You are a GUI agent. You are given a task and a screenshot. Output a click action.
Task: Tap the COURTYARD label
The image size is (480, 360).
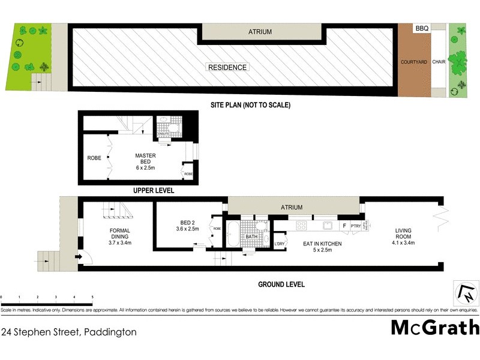pos(413,62)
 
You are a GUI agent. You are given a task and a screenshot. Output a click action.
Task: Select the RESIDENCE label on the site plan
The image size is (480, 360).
pos(227,67)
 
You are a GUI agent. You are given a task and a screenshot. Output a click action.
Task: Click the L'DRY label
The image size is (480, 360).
pos(279,244)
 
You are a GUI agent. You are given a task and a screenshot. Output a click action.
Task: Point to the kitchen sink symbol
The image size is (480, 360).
pos(328,226)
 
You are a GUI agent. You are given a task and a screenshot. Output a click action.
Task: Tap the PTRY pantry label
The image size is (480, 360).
pos(355,226)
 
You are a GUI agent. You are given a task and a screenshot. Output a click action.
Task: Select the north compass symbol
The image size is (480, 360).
pos(466,294)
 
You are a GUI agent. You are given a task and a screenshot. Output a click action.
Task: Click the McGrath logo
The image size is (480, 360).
pos(435,328)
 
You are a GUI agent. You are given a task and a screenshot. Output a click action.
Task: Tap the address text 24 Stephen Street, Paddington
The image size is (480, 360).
pos(68,331)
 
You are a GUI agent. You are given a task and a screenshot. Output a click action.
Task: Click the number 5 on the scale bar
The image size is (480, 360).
pos(92,297)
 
